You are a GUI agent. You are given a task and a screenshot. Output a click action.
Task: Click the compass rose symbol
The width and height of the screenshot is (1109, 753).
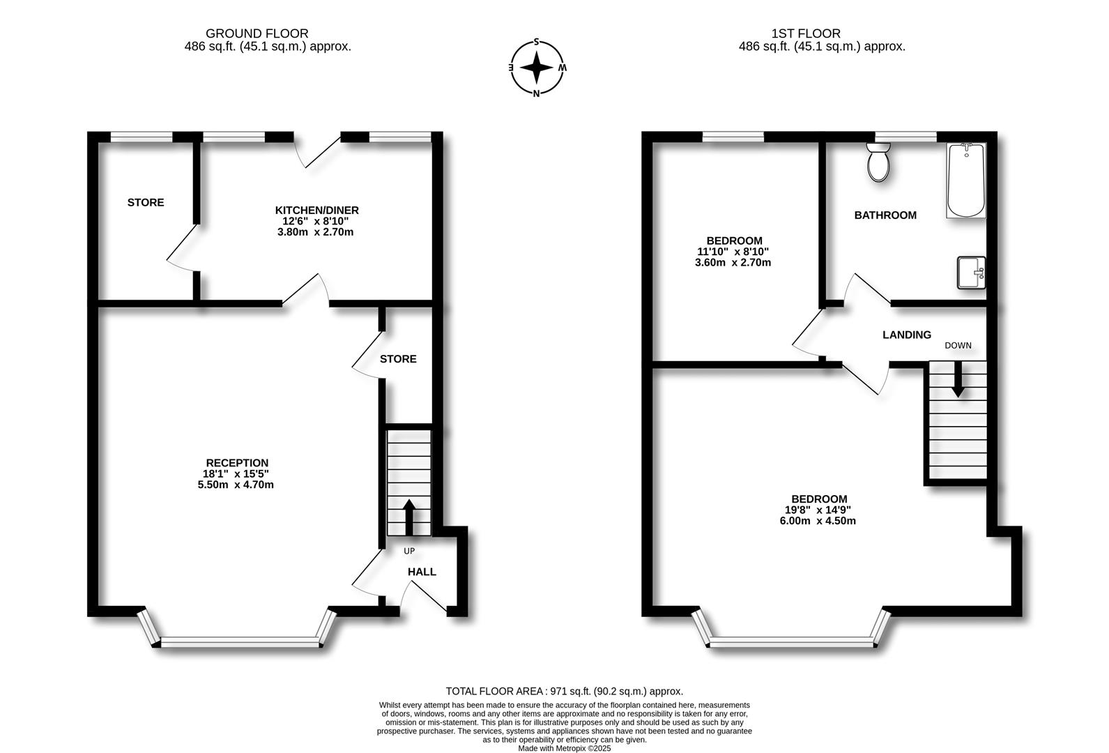point(536,68)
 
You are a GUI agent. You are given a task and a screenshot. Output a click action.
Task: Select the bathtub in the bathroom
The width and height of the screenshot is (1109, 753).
point(966,181)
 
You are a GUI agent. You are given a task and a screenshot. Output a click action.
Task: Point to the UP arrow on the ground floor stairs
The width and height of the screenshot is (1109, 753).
point(408,517)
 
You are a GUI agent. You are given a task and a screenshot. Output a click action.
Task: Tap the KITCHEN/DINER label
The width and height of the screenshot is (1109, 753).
point(316,210)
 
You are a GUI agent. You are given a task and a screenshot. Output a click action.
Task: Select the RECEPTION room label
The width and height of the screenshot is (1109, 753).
point(237,463)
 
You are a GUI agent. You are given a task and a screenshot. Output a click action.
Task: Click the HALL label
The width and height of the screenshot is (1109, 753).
point(422,572)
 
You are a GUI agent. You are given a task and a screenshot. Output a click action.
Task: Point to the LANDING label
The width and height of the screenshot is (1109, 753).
point(906,335)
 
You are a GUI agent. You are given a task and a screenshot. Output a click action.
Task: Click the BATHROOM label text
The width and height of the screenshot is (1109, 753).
point(885,215)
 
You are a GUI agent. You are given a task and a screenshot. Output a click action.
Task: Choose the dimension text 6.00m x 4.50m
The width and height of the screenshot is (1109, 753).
point(818,521)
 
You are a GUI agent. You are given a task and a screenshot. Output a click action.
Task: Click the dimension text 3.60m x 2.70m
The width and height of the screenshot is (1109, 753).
point(733,263)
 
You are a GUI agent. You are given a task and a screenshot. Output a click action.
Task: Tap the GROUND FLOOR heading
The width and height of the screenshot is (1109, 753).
point(257,33)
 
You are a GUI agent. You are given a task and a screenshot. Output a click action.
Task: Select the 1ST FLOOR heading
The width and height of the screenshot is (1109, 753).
point(805,33)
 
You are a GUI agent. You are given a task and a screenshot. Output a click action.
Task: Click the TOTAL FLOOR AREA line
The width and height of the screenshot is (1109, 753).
point(564,692)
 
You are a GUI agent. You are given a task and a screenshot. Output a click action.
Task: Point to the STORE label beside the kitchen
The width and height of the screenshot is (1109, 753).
point(146,202)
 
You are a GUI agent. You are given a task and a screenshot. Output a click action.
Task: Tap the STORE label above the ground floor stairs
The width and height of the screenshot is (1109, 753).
point(398,359)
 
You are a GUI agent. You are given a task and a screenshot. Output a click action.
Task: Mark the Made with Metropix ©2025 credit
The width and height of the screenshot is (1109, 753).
point(564,748)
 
